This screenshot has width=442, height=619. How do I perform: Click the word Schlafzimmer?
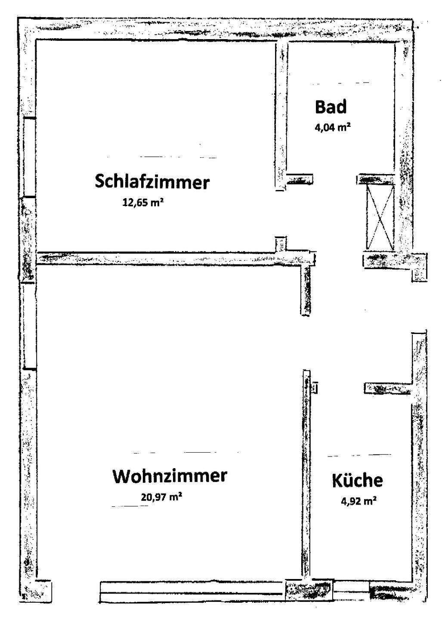(152, 182)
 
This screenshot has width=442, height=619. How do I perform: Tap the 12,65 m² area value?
(143, 202)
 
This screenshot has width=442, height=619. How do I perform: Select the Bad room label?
(331, 107)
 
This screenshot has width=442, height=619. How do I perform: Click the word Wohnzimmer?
(169, 476)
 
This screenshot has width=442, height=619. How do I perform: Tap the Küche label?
(357, 480)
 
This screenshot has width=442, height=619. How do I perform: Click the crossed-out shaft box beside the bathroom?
(380, 217)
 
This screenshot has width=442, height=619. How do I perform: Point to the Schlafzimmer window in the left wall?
(28, 157)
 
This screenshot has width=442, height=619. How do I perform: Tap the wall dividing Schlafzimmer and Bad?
(281, 116)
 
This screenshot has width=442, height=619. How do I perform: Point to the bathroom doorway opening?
(335, 179)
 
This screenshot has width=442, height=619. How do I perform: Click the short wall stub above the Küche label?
(387, 389)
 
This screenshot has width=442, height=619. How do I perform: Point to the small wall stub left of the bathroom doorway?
(300, 179)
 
